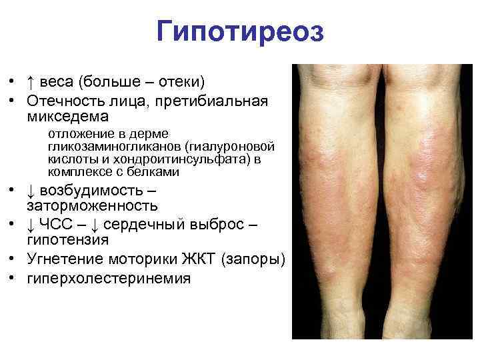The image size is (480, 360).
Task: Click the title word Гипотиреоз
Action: click(x=240, y=31)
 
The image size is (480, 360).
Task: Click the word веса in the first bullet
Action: click(x=57, y=82)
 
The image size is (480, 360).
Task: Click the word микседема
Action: click(x=67, y=117)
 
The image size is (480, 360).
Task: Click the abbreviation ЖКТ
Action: click(x=200, y=259)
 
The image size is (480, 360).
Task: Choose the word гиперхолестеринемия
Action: click(x=109, y=278)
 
